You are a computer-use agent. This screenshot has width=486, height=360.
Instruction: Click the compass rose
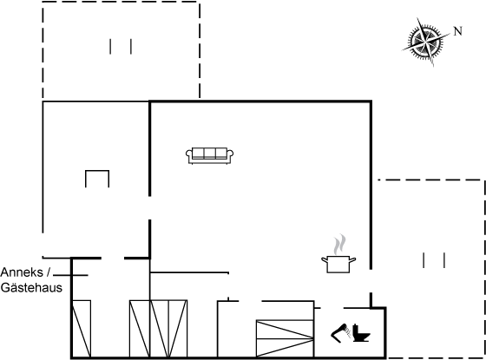[426, 42]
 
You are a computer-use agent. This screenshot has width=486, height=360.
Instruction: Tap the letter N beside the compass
[458, 31]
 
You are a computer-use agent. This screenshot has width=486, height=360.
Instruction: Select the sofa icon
[209, 155]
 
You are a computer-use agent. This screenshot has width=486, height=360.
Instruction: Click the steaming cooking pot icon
[338, 253]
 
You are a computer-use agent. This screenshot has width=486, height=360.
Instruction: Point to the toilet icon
[361, 333]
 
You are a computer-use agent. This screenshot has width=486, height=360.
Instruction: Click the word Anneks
[22, 272]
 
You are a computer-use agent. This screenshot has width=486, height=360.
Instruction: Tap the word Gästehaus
[31, 288]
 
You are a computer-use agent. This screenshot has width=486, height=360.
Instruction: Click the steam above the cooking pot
[339, 244]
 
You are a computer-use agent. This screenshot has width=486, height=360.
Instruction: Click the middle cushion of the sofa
[210, 153]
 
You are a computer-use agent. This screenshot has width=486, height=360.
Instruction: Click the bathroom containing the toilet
[350, 332]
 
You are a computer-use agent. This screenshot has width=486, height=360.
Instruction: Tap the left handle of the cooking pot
[325, 260]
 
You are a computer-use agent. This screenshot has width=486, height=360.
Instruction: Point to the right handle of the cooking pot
[352, 259]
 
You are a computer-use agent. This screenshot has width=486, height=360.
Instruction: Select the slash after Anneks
[48, 272]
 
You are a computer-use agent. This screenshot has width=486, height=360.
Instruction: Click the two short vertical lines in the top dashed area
[121, 47]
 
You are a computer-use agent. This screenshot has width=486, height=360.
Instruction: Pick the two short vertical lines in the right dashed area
[434, 260]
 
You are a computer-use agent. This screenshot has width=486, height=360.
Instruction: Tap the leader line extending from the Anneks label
[70, 275]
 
